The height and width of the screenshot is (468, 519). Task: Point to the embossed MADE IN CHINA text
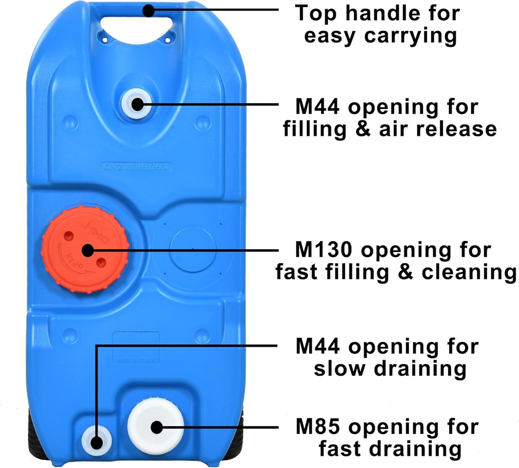136,359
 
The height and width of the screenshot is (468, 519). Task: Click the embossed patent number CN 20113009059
137,166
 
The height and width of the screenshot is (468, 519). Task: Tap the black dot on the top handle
148,10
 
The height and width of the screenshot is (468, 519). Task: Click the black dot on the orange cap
88,250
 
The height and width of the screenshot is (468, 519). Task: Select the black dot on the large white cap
157,427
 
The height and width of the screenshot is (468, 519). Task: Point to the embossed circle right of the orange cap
193,248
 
